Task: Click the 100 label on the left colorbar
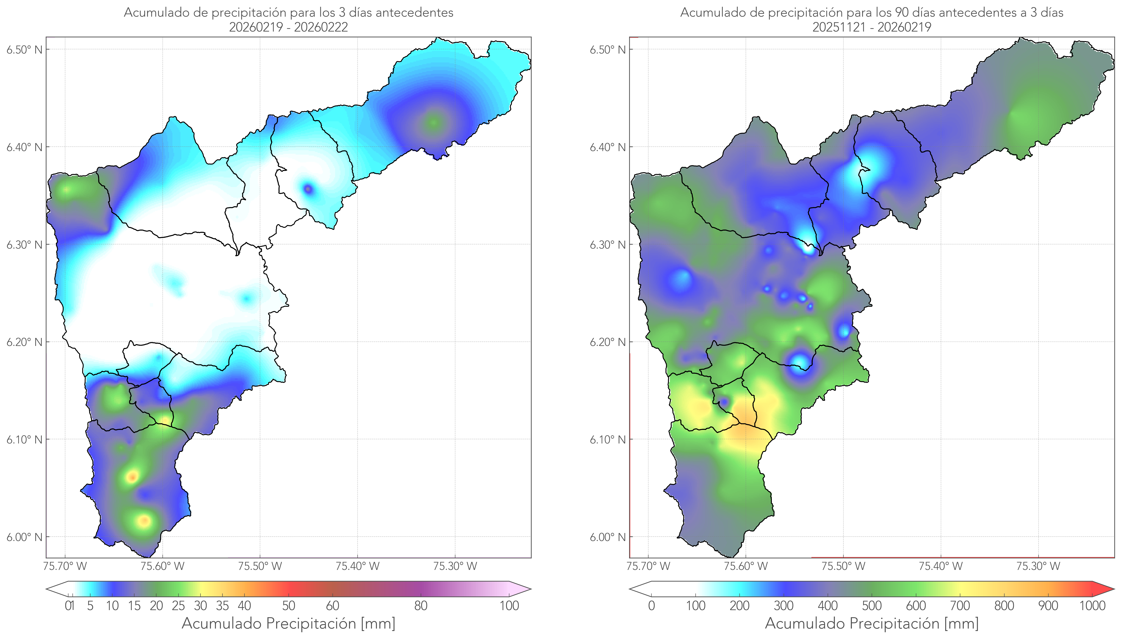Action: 509,606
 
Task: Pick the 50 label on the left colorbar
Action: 288,606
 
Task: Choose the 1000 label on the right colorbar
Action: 1092,606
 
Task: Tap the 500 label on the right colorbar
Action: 872,606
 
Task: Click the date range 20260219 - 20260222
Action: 288,27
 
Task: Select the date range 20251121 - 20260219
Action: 872,27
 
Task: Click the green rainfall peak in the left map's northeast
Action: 434,122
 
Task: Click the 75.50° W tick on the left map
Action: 260,566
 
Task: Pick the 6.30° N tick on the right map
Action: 608,244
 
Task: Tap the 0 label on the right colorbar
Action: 651,606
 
